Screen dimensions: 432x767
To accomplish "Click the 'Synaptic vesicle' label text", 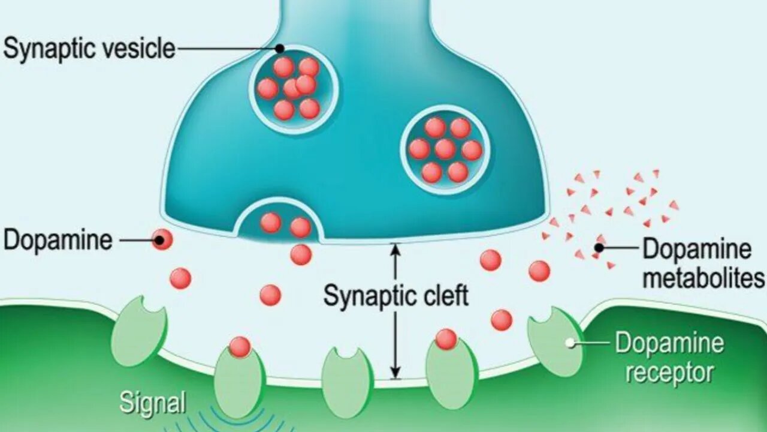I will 89,48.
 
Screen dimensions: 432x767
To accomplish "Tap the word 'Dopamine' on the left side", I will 58,241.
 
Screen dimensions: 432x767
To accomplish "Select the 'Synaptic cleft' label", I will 395,296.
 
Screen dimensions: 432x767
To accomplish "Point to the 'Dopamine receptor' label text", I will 669,358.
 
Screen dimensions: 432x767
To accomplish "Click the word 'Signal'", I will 152,403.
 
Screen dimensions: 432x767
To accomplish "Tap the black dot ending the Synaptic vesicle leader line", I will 280,48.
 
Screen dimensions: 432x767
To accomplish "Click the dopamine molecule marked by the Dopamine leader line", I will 162,240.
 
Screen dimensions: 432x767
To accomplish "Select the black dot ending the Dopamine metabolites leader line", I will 599,247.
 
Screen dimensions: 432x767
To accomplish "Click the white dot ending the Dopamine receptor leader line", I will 570,343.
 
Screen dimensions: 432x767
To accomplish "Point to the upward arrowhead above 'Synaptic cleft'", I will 395,247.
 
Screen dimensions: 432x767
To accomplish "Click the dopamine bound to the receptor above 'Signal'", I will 240,346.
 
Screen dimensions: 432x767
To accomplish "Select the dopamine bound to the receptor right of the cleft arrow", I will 446,339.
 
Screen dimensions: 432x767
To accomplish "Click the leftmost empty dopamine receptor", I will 138,330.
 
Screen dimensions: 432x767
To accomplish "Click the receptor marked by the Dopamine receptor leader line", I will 555,341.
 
